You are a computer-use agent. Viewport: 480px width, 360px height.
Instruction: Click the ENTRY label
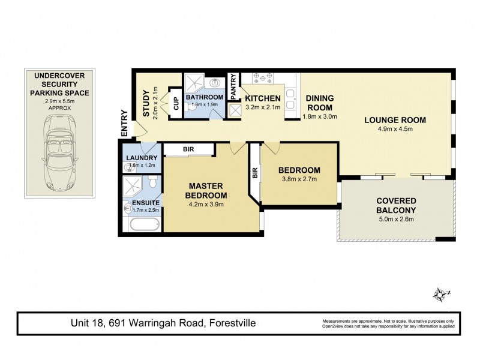click(125, 124)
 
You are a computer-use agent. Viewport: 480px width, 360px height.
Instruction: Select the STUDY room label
click(145, 104)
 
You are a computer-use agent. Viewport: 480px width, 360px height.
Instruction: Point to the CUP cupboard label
click(176, 104)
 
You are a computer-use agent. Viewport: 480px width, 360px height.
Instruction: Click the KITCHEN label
click(263, 98)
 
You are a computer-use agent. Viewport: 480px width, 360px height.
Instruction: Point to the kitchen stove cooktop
click(262, 78)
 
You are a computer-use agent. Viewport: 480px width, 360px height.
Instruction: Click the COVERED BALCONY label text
click(395, 205)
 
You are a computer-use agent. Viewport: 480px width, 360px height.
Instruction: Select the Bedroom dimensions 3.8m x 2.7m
click(299, 179)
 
